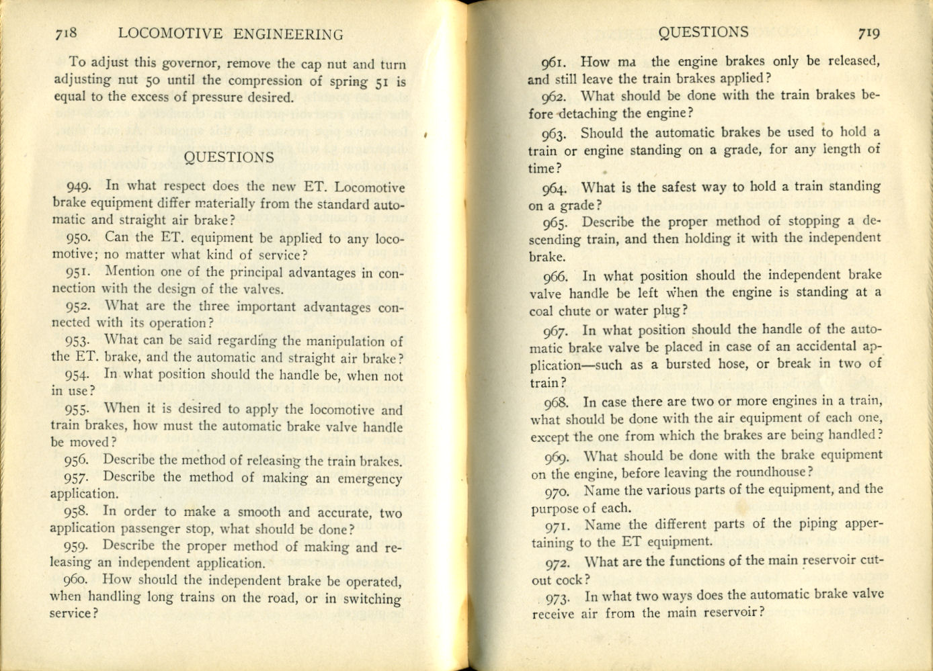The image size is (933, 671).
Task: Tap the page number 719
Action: pos(868,33)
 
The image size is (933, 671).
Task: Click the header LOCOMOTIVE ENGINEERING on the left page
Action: pos(230,34)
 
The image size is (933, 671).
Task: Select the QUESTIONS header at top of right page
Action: pos(703,32)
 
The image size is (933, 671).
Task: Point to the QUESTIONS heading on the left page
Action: pos(229,158)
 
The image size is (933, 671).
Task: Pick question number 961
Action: pos(555,63)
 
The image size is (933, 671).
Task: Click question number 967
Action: pos(557,331)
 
